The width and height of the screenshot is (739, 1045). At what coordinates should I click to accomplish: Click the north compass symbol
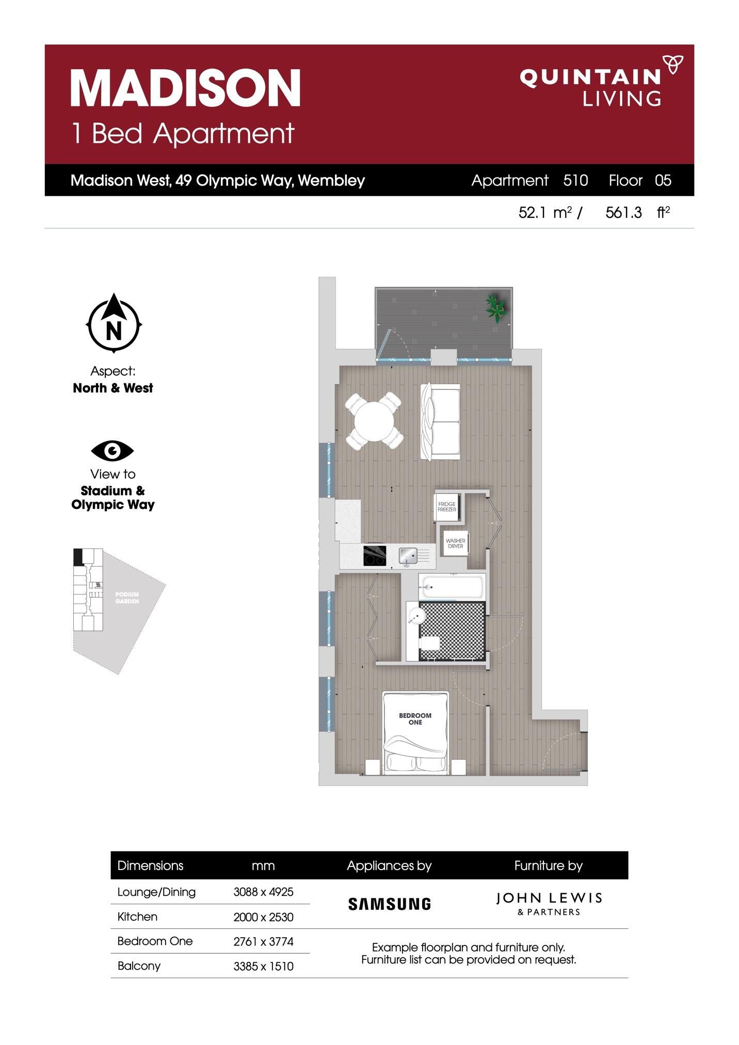tap(114, 324)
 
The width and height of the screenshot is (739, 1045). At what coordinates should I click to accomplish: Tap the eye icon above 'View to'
tap(113, 451)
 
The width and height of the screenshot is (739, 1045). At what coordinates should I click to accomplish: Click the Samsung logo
tap(389, 904)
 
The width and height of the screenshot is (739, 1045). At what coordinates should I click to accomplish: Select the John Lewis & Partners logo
tap(549, 904)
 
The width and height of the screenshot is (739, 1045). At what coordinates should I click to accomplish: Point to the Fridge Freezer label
tap(447, 507)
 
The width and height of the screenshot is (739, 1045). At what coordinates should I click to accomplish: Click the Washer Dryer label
tap(455, 543)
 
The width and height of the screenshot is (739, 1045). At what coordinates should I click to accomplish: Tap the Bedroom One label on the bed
tap(415, 719)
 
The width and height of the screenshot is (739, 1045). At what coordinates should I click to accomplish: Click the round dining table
tap(374, 421)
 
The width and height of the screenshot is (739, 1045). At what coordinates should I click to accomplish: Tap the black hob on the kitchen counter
tap(375, 556)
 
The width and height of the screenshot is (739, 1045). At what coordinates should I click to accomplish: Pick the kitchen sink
tap(408, 556)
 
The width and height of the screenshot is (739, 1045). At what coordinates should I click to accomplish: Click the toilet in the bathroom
tap(429, 644)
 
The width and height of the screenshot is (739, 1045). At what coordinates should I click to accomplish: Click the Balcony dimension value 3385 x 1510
tap(263, 967)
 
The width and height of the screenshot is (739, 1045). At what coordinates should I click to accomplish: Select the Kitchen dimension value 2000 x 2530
tap(263, 917)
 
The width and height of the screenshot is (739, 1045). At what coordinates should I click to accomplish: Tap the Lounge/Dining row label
tap(156, 892)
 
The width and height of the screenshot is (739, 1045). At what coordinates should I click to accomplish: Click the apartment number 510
tap(575, 180)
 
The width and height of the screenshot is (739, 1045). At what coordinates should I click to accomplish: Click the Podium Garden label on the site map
tap(127, 598)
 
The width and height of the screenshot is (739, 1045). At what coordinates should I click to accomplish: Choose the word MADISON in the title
tap(185, 88)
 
